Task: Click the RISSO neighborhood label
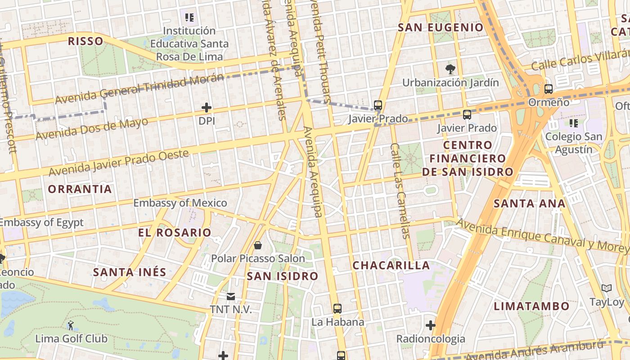[85, 41]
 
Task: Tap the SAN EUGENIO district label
[441, 27]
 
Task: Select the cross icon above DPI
[207, 108]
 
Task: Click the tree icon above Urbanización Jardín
[450, 69]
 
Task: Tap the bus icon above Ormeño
[549, 89]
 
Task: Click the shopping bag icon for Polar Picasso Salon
[258, 245]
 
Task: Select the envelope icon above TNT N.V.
[231, 296]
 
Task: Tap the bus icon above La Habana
[337, 309]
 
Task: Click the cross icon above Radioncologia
[431, 325]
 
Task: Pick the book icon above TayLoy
[607, 288]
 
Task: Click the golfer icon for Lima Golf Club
[71, 324]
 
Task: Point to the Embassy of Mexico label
[180, 203]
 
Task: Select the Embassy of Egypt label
[41, 222]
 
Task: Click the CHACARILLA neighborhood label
[391, 265]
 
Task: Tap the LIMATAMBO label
[531, 306]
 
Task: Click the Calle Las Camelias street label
[400, 190]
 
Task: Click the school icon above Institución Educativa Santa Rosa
[189, 18]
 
